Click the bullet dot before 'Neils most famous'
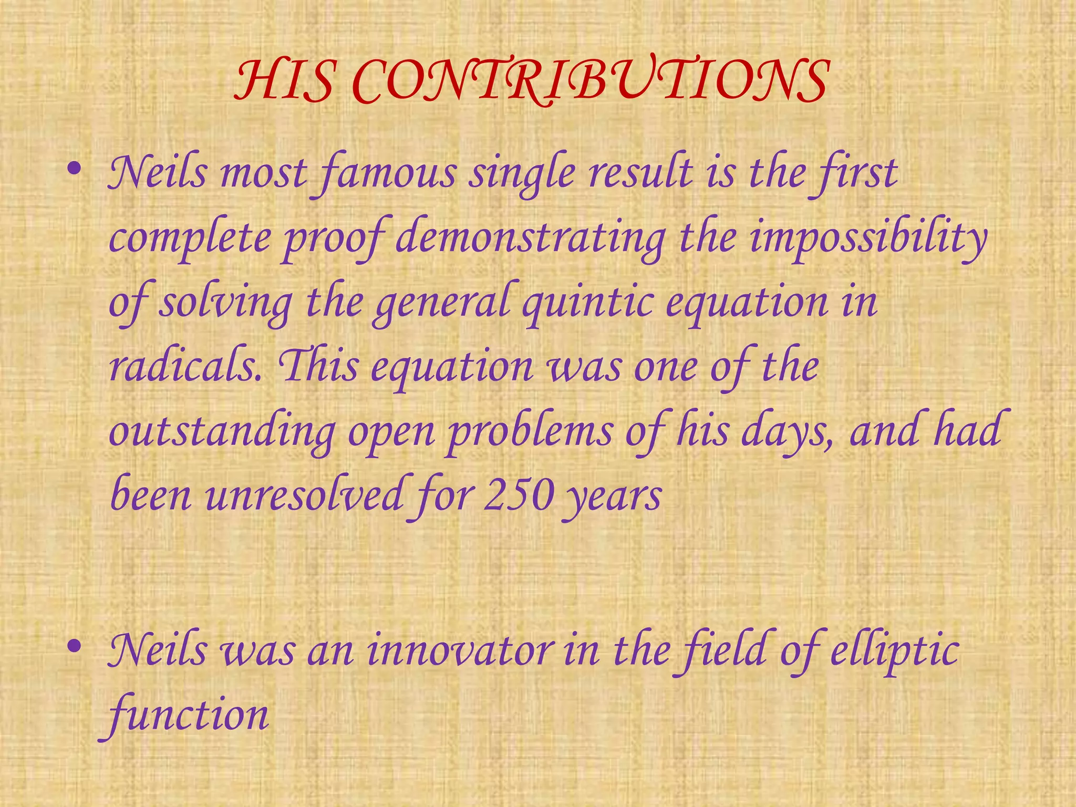pos(75,169)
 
